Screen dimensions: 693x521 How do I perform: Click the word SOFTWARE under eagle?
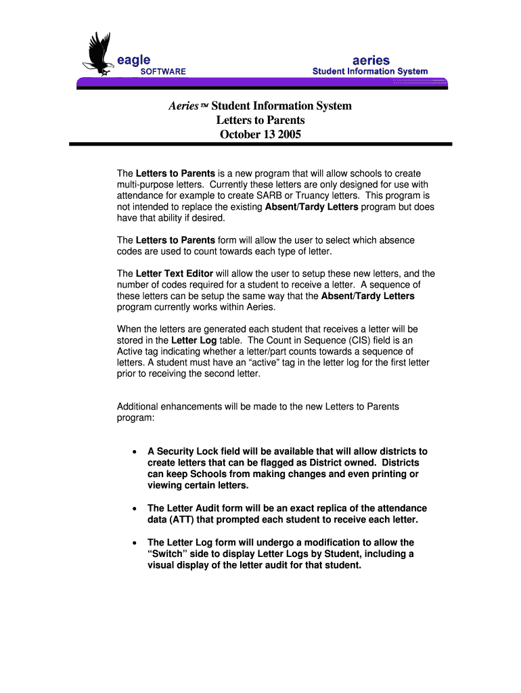click(163, 72)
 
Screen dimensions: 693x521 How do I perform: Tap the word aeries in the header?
click(370, 60)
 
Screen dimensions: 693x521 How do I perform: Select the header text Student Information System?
click(369, 72)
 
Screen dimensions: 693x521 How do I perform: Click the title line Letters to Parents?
click(260, 120)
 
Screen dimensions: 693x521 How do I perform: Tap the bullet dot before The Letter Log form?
click(135, 543)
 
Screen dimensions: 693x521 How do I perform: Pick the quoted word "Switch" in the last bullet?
click(168, 554)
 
